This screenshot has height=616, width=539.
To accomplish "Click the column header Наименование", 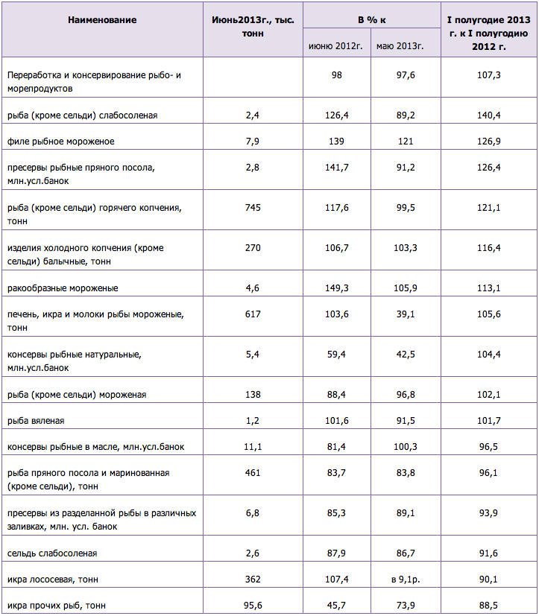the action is tap(102, 20).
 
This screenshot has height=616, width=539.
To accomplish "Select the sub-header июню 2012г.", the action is tap(335, 46).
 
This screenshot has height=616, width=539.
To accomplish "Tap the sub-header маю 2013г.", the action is tap(400, 46).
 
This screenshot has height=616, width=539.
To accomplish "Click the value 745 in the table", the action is tap(253, 207).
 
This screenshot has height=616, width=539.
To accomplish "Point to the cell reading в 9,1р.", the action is tap(406, 580).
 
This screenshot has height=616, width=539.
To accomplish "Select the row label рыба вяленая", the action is tap(36, 421).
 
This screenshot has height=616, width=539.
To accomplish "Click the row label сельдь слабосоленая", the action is tap(52, 553).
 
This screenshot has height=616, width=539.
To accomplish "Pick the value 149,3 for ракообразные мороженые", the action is tap(336, 288).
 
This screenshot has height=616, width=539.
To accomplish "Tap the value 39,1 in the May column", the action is tap(406, 314).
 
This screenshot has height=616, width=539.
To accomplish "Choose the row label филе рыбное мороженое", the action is tap(60, 142).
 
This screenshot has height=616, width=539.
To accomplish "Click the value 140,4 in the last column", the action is tap(488, 115).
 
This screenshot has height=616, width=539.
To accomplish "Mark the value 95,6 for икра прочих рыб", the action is tap(253, 606).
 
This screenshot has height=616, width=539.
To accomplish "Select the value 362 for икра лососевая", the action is tap(253, 580).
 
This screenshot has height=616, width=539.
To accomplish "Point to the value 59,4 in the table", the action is tap(336, 355).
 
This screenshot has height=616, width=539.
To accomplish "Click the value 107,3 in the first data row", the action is tap(488, 75).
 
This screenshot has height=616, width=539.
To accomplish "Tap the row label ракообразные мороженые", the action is tap(63, 288).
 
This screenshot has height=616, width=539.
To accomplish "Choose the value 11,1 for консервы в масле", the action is tap(253, 447).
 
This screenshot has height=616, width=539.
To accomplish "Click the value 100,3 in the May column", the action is tap(406, 447).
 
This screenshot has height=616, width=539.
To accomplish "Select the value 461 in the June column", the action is tap(253, 472).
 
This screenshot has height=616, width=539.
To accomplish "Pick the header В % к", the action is tap(371, 20).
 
